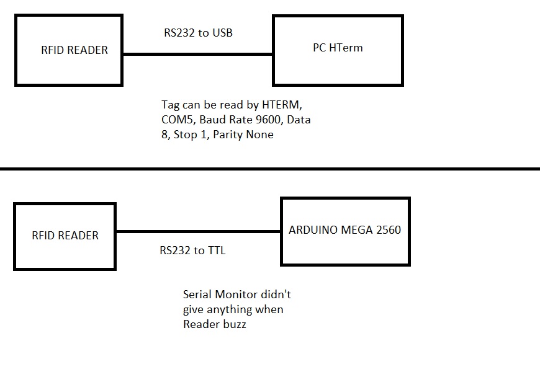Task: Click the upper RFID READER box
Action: pyautogui.click(x=69, y=50)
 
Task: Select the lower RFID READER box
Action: pyautogui.click(x=65, y=236)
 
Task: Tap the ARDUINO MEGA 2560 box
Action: pyautogui.click(x=345, y=231)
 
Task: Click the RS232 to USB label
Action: pyautogui.click(x=199, y=33)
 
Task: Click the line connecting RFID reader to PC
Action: pyautogui.click(x=197, y=55)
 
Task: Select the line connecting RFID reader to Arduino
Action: pyautogui.click(x=198, y=232)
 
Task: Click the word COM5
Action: pyautogui.click(x=178, y=120)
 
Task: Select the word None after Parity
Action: pyautogui.click(x=259, y=135)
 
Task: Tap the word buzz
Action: pyautogui.click(x=233, y=324)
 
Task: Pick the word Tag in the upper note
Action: pyautogui.click(x=171, y=105)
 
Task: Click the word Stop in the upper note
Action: pyautogui.click(x=187, y=135)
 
